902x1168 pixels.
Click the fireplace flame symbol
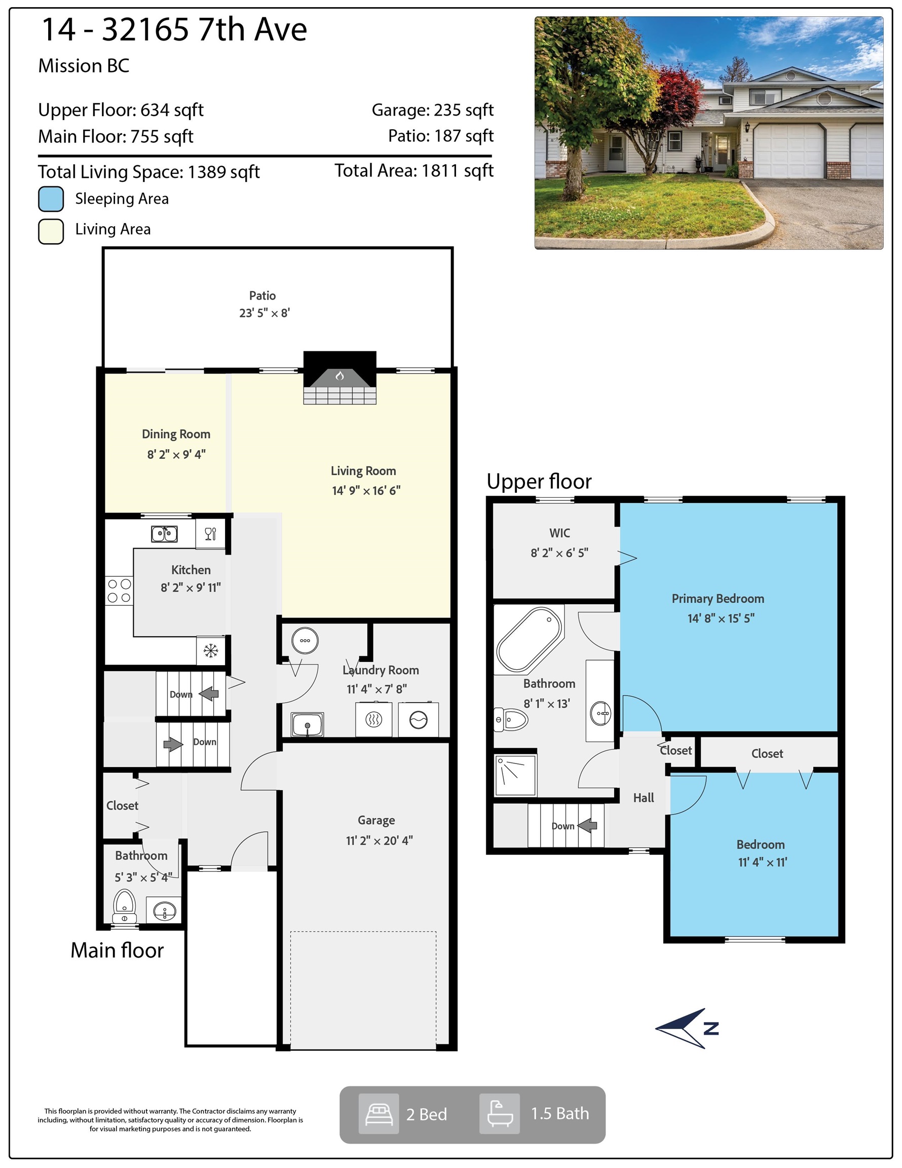[x=340, y=376]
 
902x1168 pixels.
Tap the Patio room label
[x=262, y=296]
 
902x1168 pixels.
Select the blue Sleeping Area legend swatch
[x=51, y=199]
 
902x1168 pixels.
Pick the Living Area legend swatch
[x=51, y=232]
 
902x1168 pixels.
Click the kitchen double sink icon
[x=164, y=534]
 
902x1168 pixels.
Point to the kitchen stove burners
[x=119, y=591]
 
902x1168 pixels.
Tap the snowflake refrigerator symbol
[x=211, y=650]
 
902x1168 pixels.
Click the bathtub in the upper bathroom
[x=529, y=640]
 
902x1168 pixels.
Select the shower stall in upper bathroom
[x=515, y=775]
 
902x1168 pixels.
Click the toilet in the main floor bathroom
[x=124, y=905]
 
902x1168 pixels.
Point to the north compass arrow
[x=687, y=1029]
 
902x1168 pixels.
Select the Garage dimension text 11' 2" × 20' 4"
[x=379, y=841]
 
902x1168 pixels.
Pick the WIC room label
[x=560, y=533]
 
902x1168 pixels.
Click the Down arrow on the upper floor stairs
[x=588, y=825]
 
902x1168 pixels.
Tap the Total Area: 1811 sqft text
[x=414, y=171]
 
